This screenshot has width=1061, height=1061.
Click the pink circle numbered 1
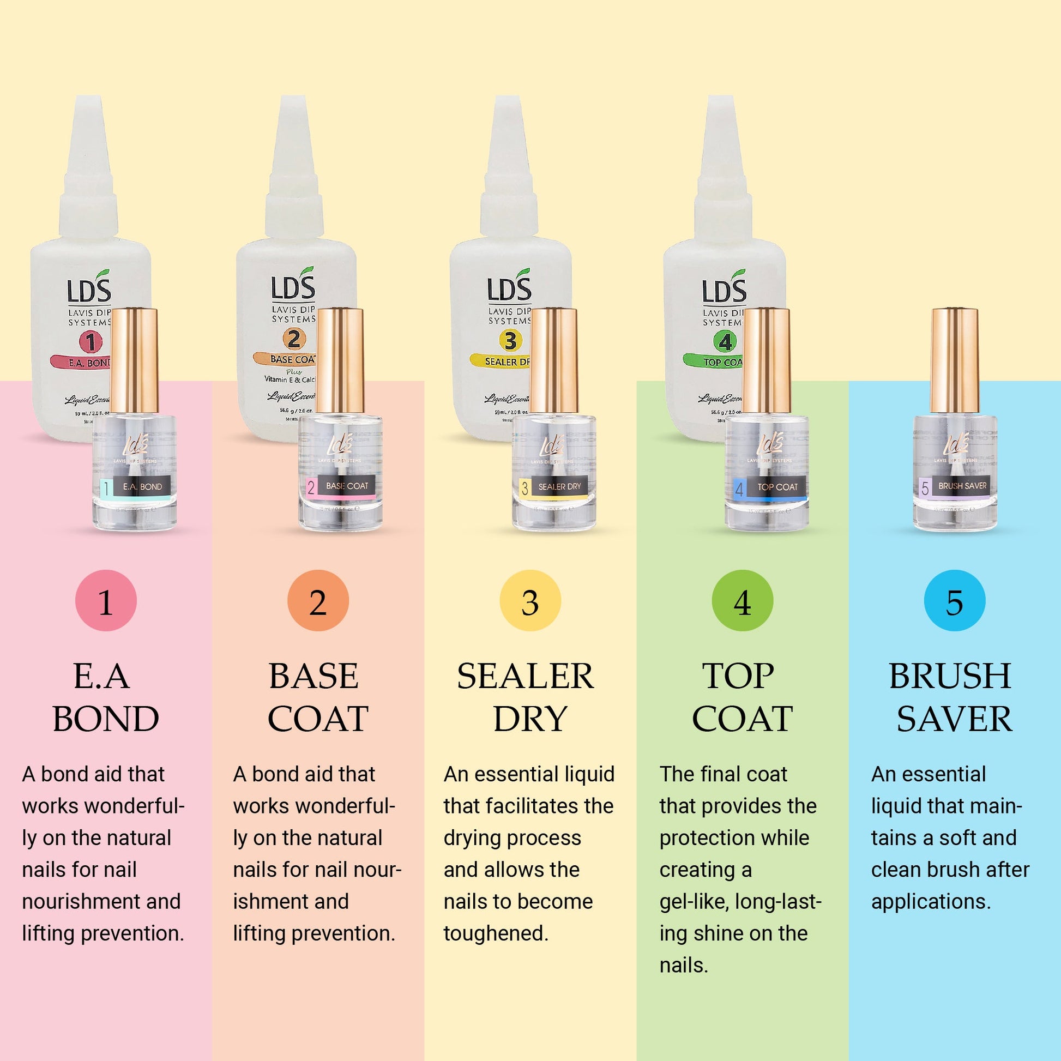[x=106, y=600]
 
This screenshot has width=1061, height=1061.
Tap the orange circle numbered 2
[x=318, y=600]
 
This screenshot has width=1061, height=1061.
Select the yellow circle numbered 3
[x=530, y=600]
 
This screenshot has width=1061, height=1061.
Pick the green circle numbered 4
[x=742, y=600]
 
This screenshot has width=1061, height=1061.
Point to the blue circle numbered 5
[x=955, y=600]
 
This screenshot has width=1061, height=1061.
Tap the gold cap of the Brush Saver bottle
[x=955, y=360]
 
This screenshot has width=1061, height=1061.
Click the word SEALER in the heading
[x=525, y=676]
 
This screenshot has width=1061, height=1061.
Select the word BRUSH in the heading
[x=950, y=676]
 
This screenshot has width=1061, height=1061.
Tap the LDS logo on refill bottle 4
[x=724, y=290]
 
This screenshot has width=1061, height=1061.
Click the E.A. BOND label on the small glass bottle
[x=142, y=486]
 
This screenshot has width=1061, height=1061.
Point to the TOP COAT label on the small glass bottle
[x=777, y=487]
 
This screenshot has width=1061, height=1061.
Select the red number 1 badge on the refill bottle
[x=90, y=342]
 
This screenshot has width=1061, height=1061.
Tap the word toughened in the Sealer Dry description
[x=496, y=933]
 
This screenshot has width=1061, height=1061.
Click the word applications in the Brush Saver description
[x=930, y=901]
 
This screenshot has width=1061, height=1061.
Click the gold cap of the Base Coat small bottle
[x=340, y=360]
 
